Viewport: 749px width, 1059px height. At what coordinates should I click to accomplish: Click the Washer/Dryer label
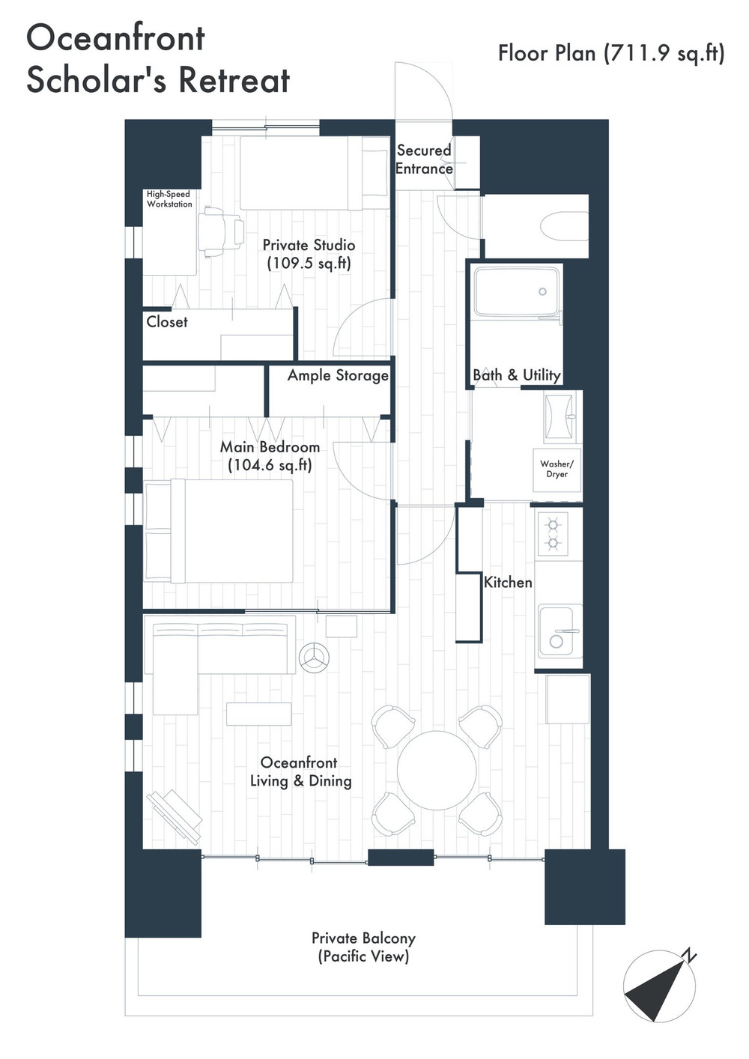pos(557,469)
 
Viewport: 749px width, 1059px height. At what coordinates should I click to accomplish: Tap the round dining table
pos(437,770)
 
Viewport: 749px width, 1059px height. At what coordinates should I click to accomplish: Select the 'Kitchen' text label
pos(508,583)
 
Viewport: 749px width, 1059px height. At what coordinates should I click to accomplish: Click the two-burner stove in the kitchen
pos(552,534)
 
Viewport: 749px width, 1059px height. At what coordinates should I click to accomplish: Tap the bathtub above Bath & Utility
pos(517,291)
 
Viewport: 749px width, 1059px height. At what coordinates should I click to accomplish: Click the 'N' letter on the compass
pos(690,956)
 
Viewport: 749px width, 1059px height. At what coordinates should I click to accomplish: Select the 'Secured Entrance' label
pos(424,160)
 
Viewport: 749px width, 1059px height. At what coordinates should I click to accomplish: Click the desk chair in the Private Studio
pos(221,231)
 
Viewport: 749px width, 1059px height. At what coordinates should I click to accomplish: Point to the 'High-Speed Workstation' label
pos(169,199)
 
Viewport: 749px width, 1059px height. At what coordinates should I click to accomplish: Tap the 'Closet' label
pos(167,322)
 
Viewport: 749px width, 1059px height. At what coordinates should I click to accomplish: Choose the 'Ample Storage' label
pos(338,375)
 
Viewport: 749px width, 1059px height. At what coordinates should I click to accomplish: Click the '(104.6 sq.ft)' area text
pos(270,465)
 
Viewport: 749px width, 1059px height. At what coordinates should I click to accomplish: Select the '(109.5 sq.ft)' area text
pos(309,264)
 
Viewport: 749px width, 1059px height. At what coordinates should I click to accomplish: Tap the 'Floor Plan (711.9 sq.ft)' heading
pos(611,53)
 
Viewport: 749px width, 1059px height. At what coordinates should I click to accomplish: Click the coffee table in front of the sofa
pos(259,714)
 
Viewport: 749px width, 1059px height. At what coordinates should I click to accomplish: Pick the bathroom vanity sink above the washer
pos(560,417)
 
